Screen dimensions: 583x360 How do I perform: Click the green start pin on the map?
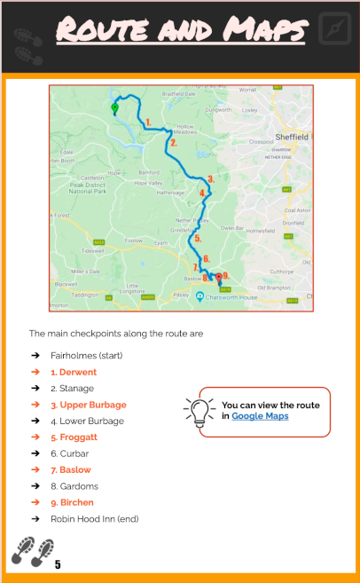point(113,109)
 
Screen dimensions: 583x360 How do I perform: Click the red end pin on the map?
point(219,277)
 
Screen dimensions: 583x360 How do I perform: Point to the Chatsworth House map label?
point(233,297)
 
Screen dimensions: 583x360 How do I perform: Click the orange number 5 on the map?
point(198,238)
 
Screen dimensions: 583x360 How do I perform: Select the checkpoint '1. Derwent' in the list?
point(74,373)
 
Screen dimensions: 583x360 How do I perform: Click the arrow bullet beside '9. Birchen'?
point(36,502)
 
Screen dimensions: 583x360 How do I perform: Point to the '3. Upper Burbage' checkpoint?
point(89,406)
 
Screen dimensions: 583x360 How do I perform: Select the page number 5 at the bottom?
point(58,564)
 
